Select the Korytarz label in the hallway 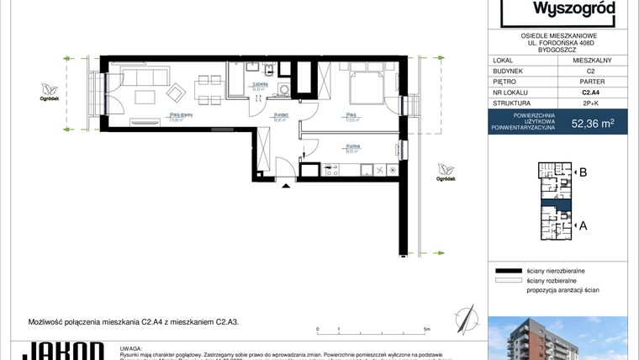(x=283, y=116)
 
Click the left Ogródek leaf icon (x=50, y=88)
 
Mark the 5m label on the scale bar (x=427, y=329)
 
